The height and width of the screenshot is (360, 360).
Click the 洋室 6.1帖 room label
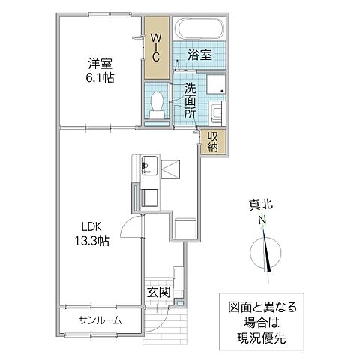(99, 69)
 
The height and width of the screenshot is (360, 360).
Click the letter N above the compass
(262, 220)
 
